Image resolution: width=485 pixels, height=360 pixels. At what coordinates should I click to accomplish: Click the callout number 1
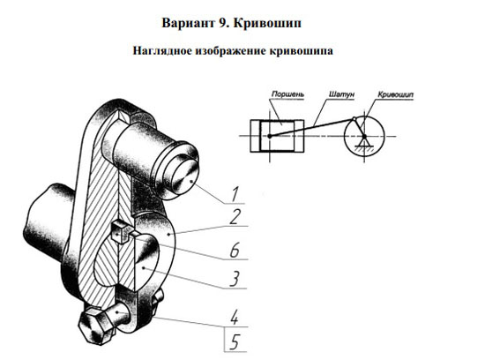pos(235,194)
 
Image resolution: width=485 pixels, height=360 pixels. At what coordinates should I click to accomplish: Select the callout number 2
pos(235,217)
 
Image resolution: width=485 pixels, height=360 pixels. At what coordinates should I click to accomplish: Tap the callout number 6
pos(235,250)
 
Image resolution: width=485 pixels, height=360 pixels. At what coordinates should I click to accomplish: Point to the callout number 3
pos(235,279)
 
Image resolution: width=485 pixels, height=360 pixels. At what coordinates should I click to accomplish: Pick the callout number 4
pos(235,317)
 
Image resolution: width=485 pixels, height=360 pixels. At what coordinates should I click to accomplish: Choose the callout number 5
pos(235,342)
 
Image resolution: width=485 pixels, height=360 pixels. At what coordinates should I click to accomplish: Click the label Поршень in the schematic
pos(287,94)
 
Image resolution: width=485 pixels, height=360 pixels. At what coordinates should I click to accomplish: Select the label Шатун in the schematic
pos(341,94)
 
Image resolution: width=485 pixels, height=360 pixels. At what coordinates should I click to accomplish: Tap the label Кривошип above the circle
pos(395,94)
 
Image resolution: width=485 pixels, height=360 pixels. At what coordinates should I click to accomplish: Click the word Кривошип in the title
pos(267,23)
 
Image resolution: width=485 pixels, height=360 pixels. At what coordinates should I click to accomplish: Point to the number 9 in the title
pos(223,23)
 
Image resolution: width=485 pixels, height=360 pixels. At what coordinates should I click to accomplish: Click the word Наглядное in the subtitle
pos(162,51)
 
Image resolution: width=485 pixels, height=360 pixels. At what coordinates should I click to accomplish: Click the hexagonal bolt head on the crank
pos(95,325)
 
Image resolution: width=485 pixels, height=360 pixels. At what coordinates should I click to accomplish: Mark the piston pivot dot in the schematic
pos(270,136)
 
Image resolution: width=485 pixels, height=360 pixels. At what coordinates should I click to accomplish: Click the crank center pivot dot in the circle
pos(364,136)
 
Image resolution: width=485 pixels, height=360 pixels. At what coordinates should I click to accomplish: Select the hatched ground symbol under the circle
pos(364,148)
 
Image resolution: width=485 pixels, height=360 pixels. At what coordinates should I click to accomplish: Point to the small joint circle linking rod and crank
pos(354,118)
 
